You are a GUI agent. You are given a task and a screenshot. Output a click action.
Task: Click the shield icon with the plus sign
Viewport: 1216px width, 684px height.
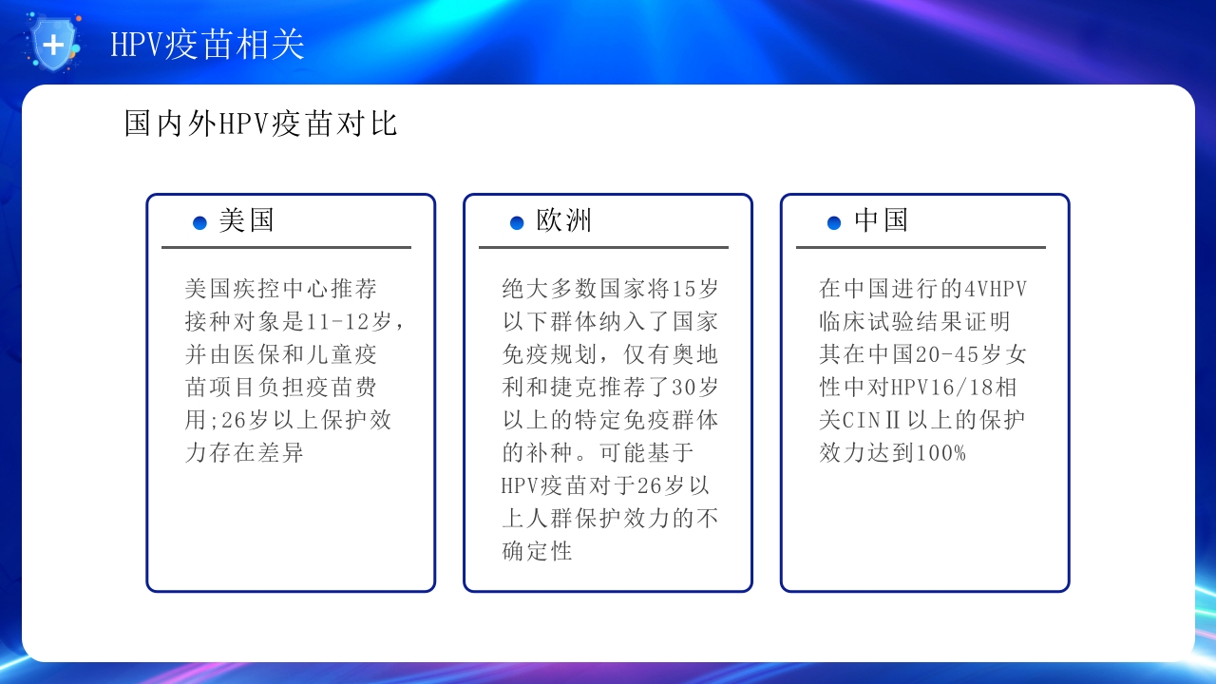tap(54, 44)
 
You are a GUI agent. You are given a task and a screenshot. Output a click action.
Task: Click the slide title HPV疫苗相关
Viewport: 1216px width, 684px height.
tap(207, 45)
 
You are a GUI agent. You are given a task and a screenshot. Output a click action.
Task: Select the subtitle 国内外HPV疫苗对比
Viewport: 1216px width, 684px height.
tap(260, 123)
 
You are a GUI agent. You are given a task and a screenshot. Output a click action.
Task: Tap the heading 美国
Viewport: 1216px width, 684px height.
tap(247, 220)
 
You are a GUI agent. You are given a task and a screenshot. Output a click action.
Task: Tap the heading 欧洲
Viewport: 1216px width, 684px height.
tap(564, 220)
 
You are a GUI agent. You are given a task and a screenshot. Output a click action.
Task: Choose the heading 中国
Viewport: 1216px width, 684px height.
tap(882, 220)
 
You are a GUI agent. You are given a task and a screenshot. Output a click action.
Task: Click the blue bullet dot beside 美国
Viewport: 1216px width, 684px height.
tap(199, 222)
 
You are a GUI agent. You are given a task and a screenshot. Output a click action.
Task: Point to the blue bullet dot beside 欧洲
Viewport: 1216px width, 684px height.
tap(517, 222)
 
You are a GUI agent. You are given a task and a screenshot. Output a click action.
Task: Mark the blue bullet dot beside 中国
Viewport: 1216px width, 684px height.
tap(834, 222)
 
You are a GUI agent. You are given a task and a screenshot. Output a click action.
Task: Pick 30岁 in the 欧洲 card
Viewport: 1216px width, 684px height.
tap(695, 388)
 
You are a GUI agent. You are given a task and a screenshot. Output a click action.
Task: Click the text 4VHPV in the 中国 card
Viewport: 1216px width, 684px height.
tap(995, 288)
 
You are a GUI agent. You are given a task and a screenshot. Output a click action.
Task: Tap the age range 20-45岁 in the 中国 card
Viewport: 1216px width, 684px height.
tap(953, 354)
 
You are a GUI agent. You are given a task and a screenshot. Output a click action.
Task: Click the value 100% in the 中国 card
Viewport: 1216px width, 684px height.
tap(941, 453)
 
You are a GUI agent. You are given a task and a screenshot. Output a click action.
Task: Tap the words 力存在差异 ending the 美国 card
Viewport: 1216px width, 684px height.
tap(244, 453)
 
